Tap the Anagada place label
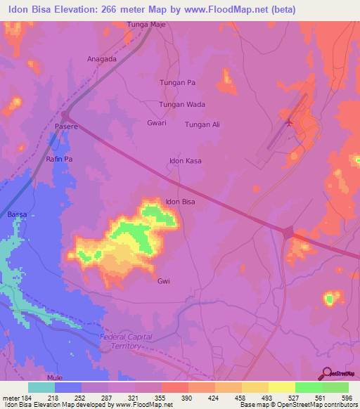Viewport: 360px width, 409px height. click(101, 59)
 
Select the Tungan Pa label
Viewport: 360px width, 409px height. click(177, 82)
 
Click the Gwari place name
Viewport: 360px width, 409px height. click(156, 122)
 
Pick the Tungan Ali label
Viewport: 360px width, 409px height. click(202, 124)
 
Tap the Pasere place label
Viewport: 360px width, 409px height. click(65, 126)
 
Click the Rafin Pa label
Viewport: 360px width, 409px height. click(60, 160)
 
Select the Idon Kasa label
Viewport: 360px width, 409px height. click(186, 161)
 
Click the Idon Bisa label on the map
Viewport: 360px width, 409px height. click(180, 202)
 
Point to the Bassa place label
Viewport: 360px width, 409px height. click(16, 214)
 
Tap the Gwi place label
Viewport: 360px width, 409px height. click(164, 280)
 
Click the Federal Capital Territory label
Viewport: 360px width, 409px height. click(127, 342)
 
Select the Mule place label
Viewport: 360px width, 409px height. click(55, 377)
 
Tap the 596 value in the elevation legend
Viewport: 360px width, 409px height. click(345, 398)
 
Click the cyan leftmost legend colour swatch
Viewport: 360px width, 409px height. click(41, 387)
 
